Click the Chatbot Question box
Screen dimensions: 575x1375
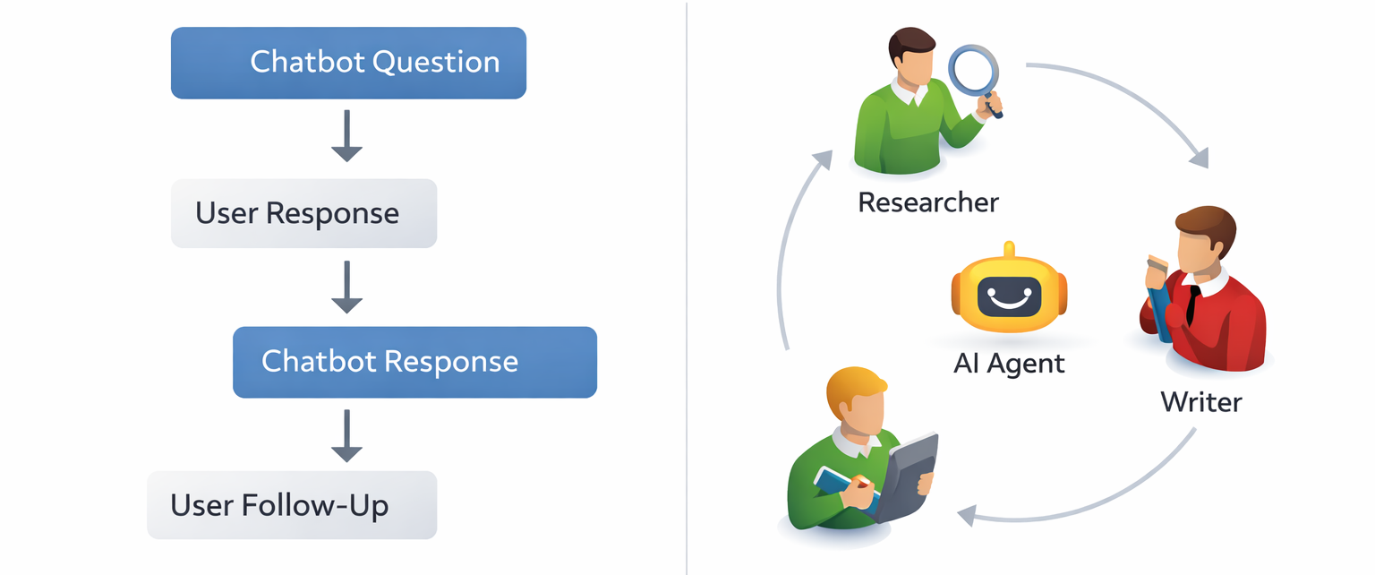coord(348,63)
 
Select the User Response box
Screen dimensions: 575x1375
coord(303,213)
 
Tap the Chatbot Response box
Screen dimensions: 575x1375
coord(414,362)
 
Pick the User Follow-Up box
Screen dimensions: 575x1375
coord(292,505)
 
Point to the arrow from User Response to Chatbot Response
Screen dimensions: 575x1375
coord(346,287)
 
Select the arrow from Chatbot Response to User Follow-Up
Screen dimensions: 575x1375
coord(346,436)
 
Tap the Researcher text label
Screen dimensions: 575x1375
coord(927,202)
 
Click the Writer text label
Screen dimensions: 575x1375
coord(1200,401)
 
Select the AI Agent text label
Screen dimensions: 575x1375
coord(1009,364)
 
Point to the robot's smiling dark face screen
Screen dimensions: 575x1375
coord(1009,296)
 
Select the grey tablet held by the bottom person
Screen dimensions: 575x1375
coord(908,475)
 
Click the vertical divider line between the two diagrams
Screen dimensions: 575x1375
coord(687,287)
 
